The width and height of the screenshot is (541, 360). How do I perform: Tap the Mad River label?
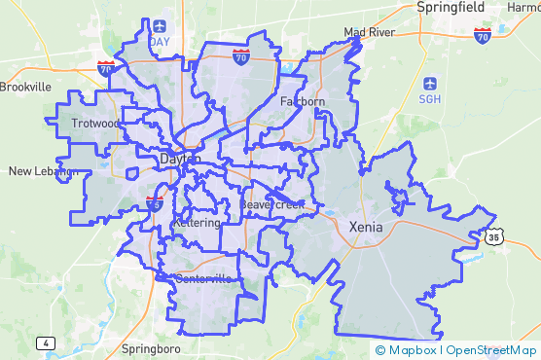369,33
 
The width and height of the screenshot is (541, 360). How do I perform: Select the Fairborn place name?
302,101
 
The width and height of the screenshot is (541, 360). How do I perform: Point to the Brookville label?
25,87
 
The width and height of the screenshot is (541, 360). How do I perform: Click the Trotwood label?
95,124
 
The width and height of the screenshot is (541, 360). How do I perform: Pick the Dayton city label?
181,159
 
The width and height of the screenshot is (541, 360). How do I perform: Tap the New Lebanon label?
42,172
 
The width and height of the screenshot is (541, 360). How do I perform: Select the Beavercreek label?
272,205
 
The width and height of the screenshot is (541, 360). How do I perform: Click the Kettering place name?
197,223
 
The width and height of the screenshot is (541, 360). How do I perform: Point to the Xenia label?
366,227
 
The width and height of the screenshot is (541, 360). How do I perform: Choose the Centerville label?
204,279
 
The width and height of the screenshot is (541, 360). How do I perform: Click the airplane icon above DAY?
159,26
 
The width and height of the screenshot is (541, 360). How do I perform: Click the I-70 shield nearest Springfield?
482,36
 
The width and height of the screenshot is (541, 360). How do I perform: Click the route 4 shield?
45,343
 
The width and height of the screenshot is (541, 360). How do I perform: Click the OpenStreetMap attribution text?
493,350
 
